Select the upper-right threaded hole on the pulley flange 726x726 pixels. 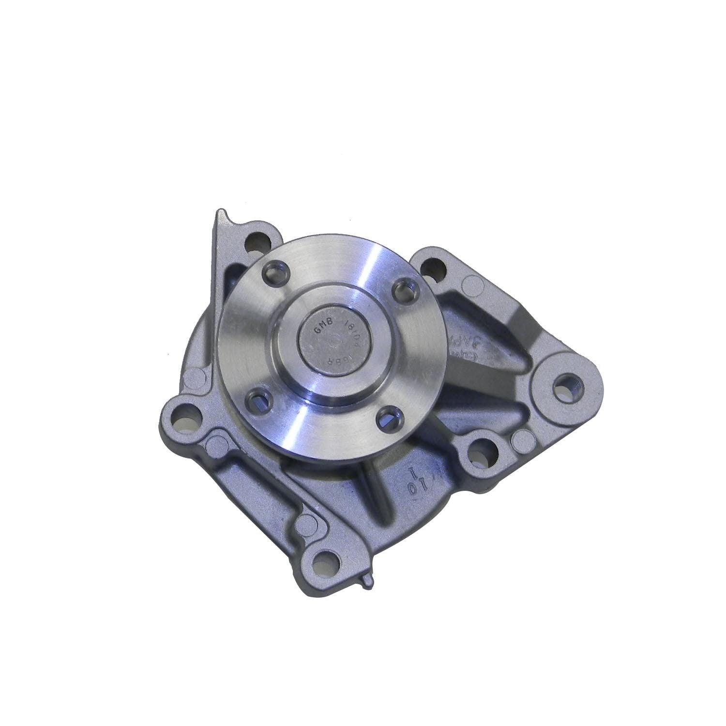click(401, 291)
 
